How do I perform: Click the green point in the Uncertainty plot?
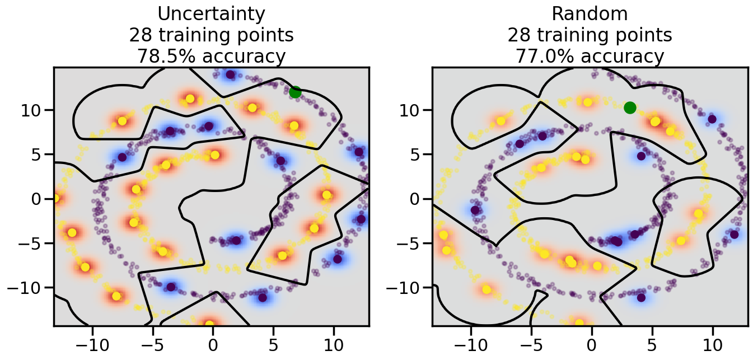pos(296,92)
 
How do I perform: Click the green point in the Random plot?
pos(630,107)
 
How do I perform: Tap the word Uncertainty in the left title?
pos(211,14)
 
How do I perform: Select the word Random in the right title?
pos(590,14)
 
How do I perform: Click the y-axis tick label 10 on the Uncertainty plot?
pos(32,110)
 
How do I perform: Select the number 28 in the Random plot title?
pos(520,35)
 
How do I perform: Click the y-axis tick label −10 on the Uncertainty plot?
pos(27,288)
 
